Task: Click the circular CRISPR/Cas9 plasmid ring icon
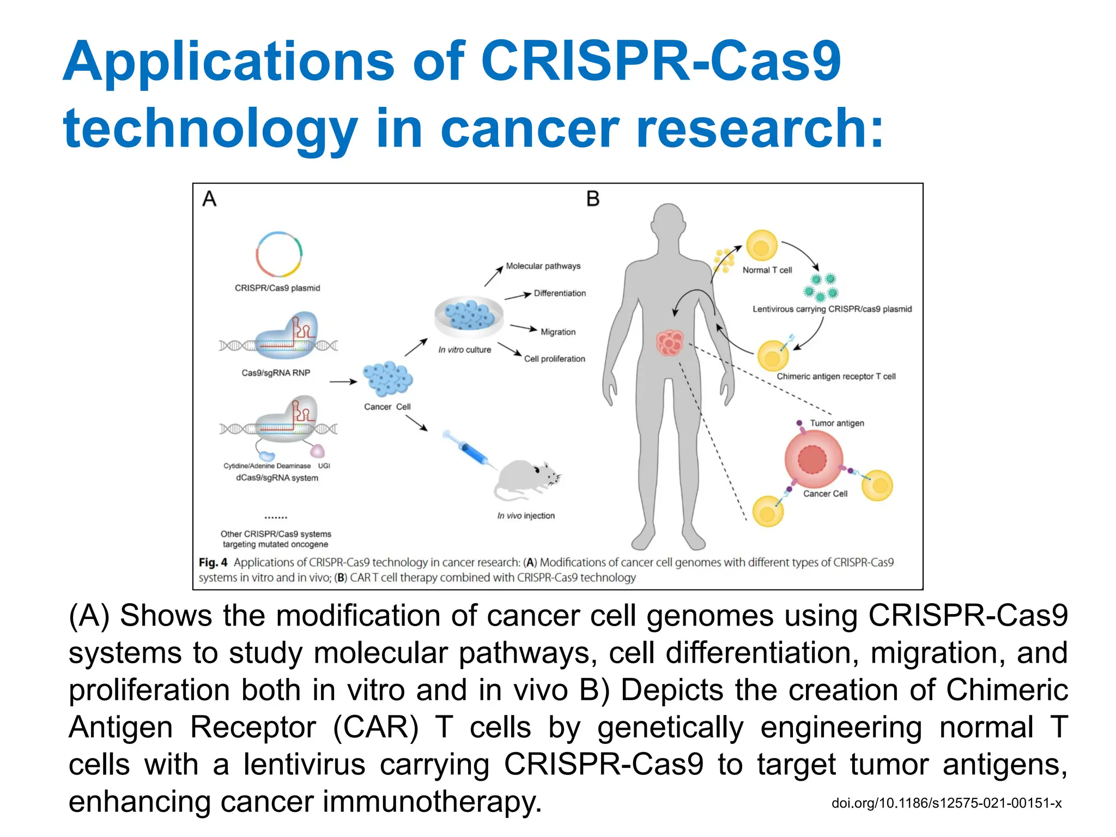[x=278, y=254]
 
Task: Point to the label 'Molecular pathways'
[x=543, y=266]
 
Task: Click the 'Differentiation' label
[x=560, y=293]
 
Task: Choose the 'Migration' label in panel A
[x=557, y=332]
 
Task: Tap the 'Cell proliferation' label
[x=554, y=359]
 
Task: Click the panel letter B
[x=593, y=199]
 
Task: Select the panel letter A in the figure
[x=209, y=199]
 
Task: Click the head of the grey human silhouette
[x=668, y=223]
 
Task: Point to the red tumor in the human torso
[x=669, y=343]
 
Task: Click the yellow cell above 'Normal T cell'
[x=761, y=246]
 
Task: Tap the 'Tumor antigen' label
[x=836, y=423]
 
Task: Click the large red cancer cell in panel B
[x=813, y=459]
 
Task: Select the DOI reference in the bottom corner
[x=946, y=803]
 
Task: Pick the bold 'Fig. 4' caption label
[x=213, y=562]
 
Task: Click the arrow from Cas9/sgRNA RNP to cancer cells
[x=343, y=381]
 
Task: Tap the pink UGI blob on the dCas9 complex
[x=317, y=451]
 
